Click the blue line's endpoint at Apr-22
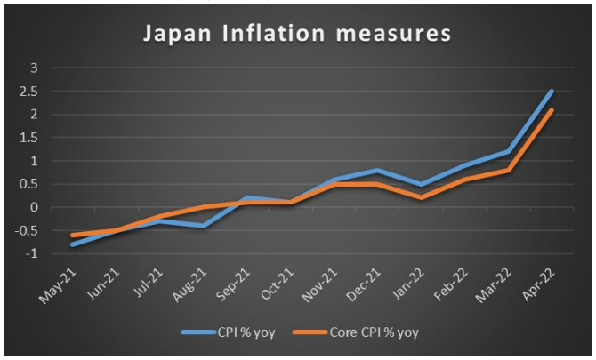[552, 91]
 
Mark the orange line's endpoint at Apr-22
[552, 109]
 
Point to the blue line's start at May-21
[73, 244]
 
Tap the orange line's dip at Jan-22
[422, 197]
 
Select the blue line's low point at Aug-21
[204, 226]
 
